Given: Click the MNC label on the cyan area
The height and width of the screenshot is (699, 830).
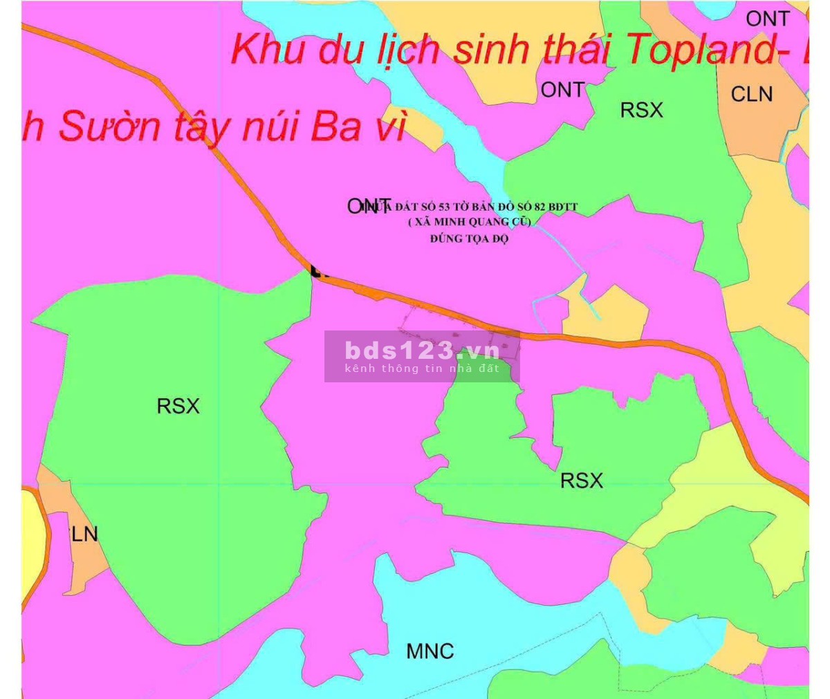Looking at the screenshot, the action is click(430, 651).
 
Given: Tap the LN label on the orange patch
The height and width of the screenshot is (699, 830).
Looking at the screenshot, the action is click(84, 534).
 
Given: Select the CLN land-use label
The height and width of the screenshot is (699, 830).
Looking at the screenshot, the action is click(751, 94).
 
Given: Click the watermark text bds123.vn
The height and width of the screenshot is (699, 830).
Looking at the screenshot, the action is click(422, 350).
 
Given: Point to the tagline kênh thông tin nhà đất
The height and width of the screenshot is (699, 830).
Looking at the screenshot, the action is click(422, 369).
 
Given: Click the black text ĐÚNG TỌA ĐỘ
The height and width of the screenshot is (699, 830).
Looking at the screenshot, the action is click(469, 239).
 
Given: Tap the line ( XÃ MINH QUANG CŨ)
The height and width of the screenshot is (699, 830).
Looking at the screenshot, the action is click(469, 222).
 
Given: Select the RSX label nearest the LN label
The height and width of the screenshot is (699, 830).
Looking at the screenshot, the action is click(178, 406).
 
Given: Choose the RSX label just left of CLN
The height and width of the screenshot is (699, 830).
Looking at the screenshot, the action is click(641, 110).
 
